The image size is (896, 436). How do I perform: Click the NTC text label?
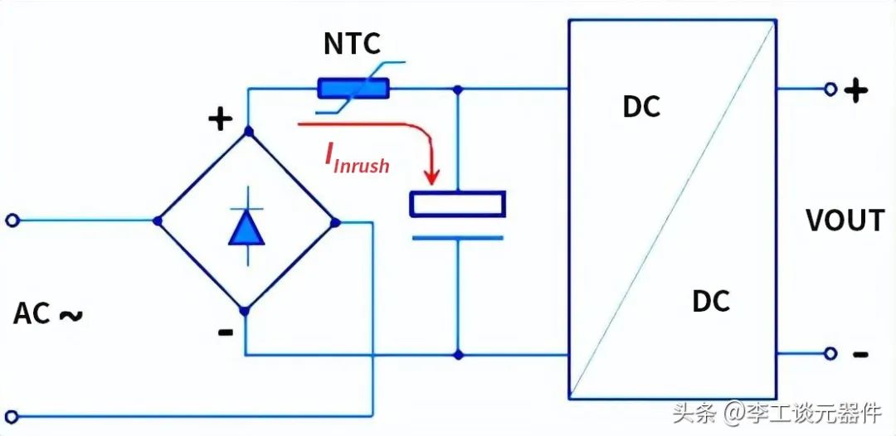click(352, 44)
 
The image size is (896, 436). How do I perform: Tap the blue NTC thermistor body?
click(353, 89)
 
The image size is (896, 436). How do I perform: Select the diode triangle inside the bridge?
click(246, 228)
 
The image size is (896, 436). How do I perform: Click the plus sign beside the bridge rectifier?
click(220, 120)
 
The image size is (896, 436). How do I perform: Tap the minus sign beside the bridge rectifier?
click(226, 332)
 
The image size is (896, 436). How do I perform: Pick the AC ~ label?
click(48, 314)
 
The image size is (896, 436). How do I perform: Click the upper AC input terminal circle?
click(12, 220)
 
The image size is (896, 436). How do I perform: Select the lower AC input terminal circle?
click(12, 417)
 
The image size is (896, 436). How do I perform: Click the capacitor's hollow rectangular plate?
click(457, 204)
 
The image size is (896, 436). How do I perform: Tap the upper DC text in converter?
click(641, 106)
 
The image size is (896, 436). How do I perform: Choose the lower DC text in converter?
click(711, 301)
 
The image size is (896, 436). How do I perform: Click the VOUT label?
click(845, 220)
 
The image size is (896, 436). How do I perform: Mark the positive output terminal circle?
click(830, 89)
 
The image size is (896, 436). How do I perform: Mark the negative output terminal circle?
click(830, 354)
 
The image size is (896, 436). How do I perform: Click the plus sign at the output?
click(855, 90)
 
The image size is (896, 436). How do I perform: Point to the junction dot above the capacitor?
click(457, 89)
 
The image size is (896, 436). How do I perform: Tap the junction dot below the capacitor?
click(457, 355)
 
